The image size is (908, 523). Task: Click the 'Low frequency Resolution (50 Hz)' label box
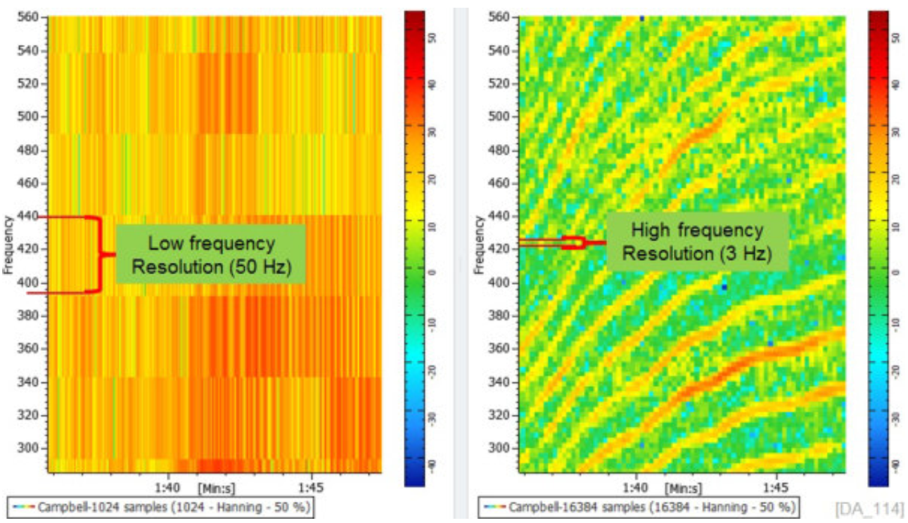click(x=211, y=254)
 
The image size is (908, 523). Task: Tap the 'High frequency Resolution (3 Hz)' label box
click(x=697, y=242)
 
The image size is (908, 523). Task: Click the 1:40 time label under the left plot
click(x=167, y=486)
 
